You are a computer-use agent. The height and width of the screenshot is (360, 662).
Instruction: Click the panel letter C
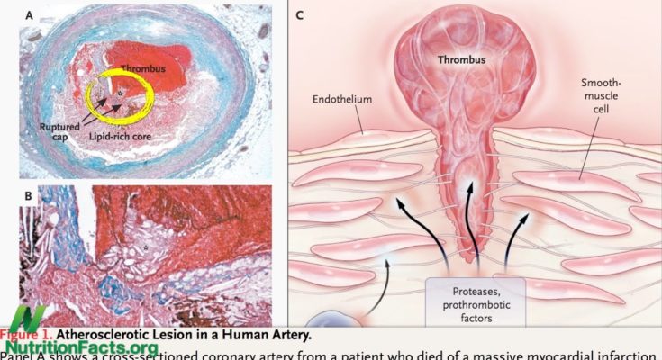coord(300,15)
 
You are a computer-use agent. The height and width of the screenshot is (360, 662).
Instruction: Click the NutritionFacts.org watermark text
coord(81,346)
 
